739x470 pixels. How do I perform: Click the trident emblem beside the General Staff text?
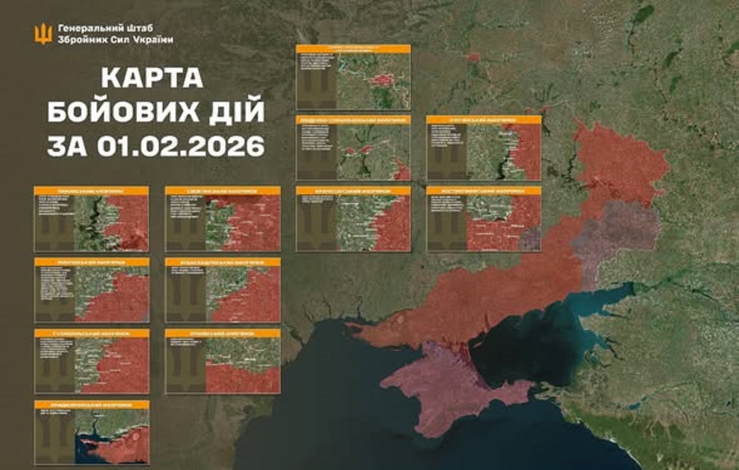[x=43, y=34]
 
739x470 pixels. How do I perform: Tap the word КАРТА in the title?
[x=152, y=79]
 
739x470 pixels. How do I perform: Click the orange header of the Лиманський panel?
[x=91, y=191]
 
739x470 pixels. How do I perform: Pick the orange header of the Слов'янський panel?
[x=222, y=191]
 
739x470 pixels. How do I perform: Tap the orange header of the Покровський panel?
[x=91, y=262]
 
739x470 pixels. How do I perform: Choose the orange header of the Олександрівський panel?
[x=222, y=262]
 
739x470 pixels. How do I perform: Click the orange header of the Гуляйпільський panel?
[x=91, y=333]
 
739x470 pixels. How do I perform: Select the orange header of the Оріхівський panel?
[x=222, y=333]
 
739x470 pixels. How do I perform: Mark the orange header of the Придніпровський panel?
[x=91, y=405]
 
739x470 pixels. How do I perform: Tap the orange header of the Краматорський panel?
[x=353, y=191]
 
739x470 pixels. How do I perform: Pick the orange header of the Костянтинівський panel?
[x=483, y=191]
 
